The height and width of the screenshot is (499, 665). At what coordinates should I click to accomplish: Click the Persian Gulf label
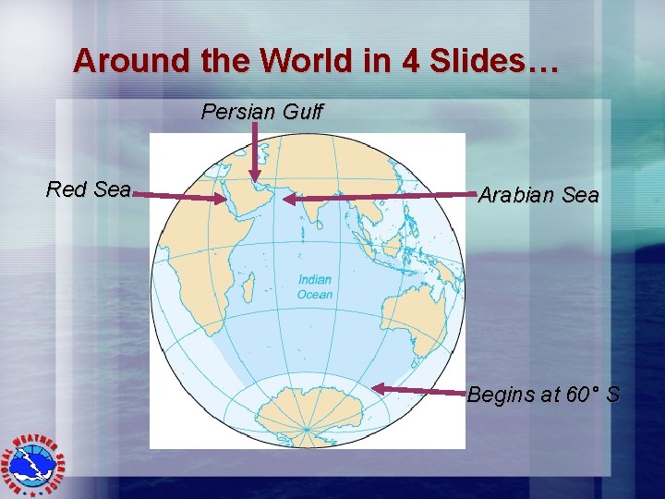[x=262, y=113]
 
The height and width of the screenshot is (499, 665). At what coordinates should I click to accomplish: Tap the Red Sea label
[x=89, y=190]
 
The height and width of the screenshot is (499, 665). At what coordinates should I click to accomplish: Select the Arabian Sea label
[x=538, y=196]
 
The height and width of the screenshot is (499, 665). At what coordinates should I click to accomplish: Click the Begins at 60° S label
[x=544, y=396]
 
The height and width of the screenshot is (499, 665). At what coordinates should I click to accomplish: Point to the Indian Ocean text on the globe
[x=315, y=286]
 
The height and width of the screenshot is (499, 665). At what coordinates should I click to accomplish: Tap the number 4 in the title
[x=409, y=61]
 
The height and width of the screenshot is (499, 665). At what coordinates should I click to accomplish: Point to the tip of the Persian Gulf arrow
[x=255, y=180]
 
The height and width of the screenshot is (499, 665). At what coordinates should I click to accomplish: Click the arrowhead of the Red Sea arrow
[x=222, y=198]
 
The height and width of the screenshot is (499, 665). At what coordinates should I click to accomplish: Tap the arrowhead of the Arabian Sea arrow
[x=287, y=199]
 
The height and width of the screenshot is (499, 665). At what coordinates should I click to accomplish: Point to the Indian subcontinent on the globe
[x=315, y=208]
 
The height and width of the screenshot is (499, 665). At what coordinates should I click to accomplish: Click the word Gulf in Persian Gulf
[x=301, y=113]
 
